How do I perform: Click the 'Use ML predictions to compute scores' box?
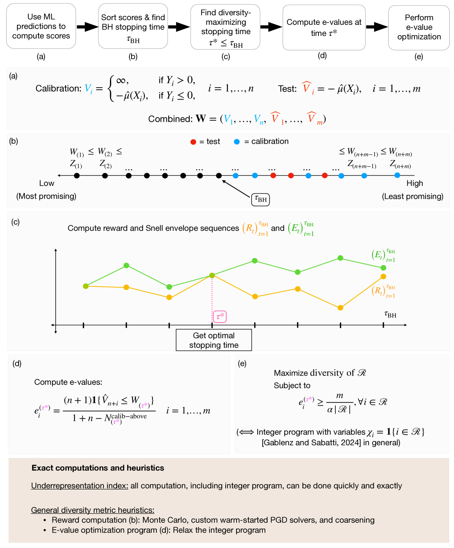point(41,26)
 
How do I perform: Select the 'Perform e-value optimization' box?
point(419,27)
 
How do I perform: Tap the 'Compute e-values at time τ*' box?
point(324,27)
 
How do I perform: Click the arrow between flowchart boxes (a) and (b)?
point(87,27)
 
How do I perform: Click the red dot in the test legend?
point(193,142)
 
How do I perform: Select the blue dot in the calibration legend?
point(237,142)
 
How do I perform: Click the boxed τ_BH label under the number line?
point(260,199)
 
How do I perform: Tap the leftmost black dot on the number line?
point(77,176)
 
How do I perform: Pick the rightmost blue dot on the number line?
point(397,175)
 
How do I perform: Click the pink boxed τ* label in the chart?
point(220,316)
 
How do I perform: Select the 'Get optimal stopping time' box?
point(214,340)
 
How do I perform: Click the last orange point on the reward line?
point(383,277)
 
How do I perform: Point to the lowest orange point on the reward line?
point(340,308)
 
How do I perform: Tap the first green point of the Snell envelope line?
point(86,286)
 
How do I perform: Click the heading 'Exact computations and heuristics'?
point(98,468)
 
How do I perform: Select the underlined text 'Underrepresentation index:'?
point(79,486)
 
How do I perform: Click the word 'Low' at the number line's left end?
point(47,183)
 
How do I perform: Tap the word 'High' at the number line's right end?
point(414,183)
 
